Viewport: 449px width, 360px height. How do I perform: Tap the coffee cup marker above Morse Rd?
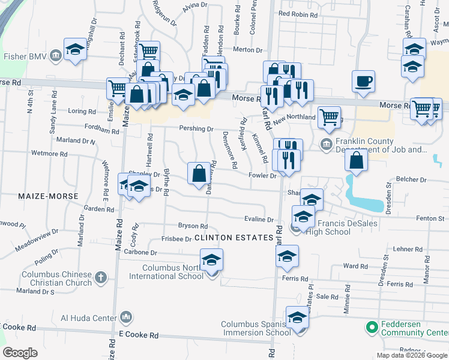click(364, 81)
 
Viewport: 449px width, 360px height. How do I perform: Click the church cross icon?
click(101, 278)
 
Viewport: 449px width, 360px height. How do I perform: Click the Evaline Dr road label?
click(259, 220)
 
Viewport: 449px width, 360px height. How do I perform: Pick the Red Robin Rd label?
click(297, 13)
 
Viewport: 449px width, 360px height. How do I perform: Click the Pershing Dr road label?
click(196, 128)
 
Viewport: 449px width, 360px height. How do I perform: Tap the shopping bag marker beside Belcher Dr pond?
click(357, 160)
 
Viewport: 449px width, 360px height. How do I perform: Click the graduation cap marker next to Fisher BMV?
click(76, 49)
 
